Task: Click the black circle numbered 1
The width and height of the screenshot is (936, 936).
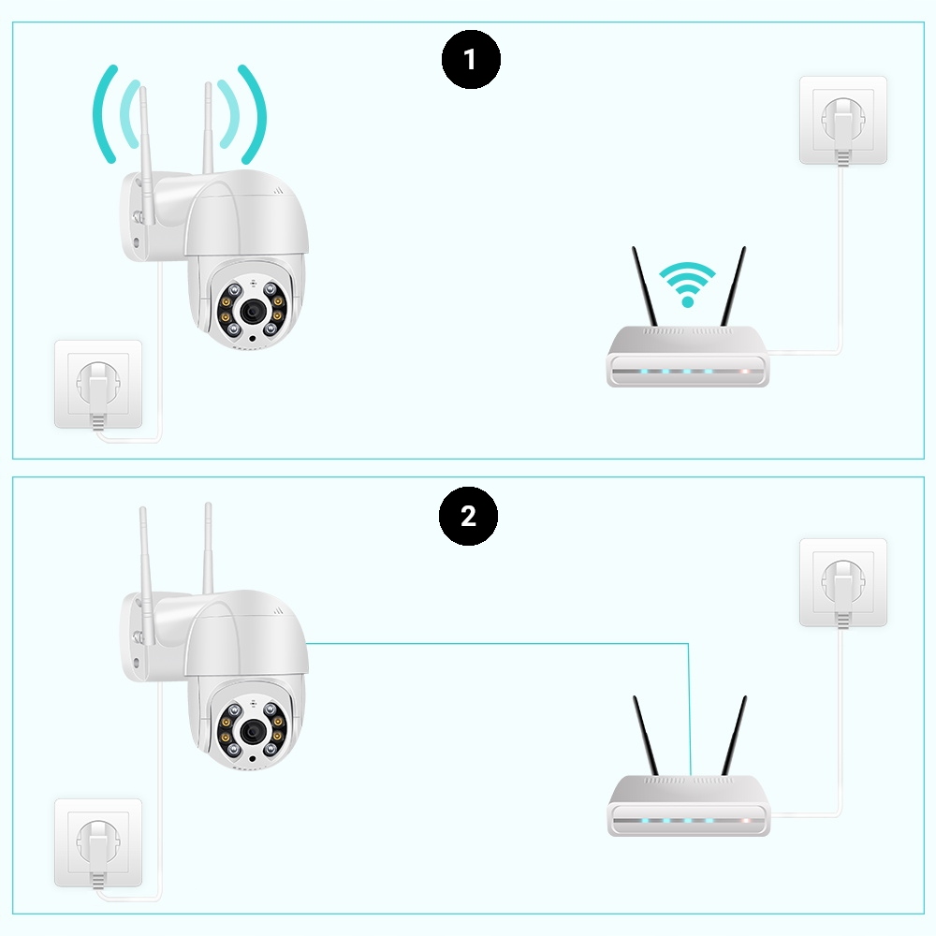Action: pyautogui.click(x=471, y=60)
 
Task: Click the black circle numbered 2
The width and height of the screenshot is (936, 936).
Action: pyautogui.click(x=469, y=516)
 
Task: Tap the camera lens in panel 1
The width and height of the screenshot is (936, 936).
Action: pyautogui.click(x=251, y=311)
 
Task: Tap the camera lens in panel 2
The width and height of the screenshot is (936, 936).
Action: pyautogui.click(x=251, y=729)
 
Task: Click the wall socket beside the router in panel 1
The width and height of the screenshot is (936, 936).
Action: pyautogui.click(x=842, y=120)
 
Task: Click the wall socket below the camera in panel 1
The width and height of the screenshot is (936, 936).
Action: pyautogui.click(x=98, y=384)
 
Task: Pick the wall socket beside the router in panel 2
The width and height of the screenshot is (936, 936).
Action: pyautogui.click(x=842, y=581)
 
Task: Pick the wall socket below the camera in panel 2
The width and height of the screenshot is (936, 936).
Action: pyautogui.click(x=98, y=842)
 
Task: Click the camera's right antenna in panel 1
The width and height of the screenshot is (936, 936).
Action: pyautogui.click(x=207, y=126)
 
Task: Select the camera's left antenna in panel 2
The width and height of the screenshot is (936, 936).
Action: pyautogui.click(x=145, y=552)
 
